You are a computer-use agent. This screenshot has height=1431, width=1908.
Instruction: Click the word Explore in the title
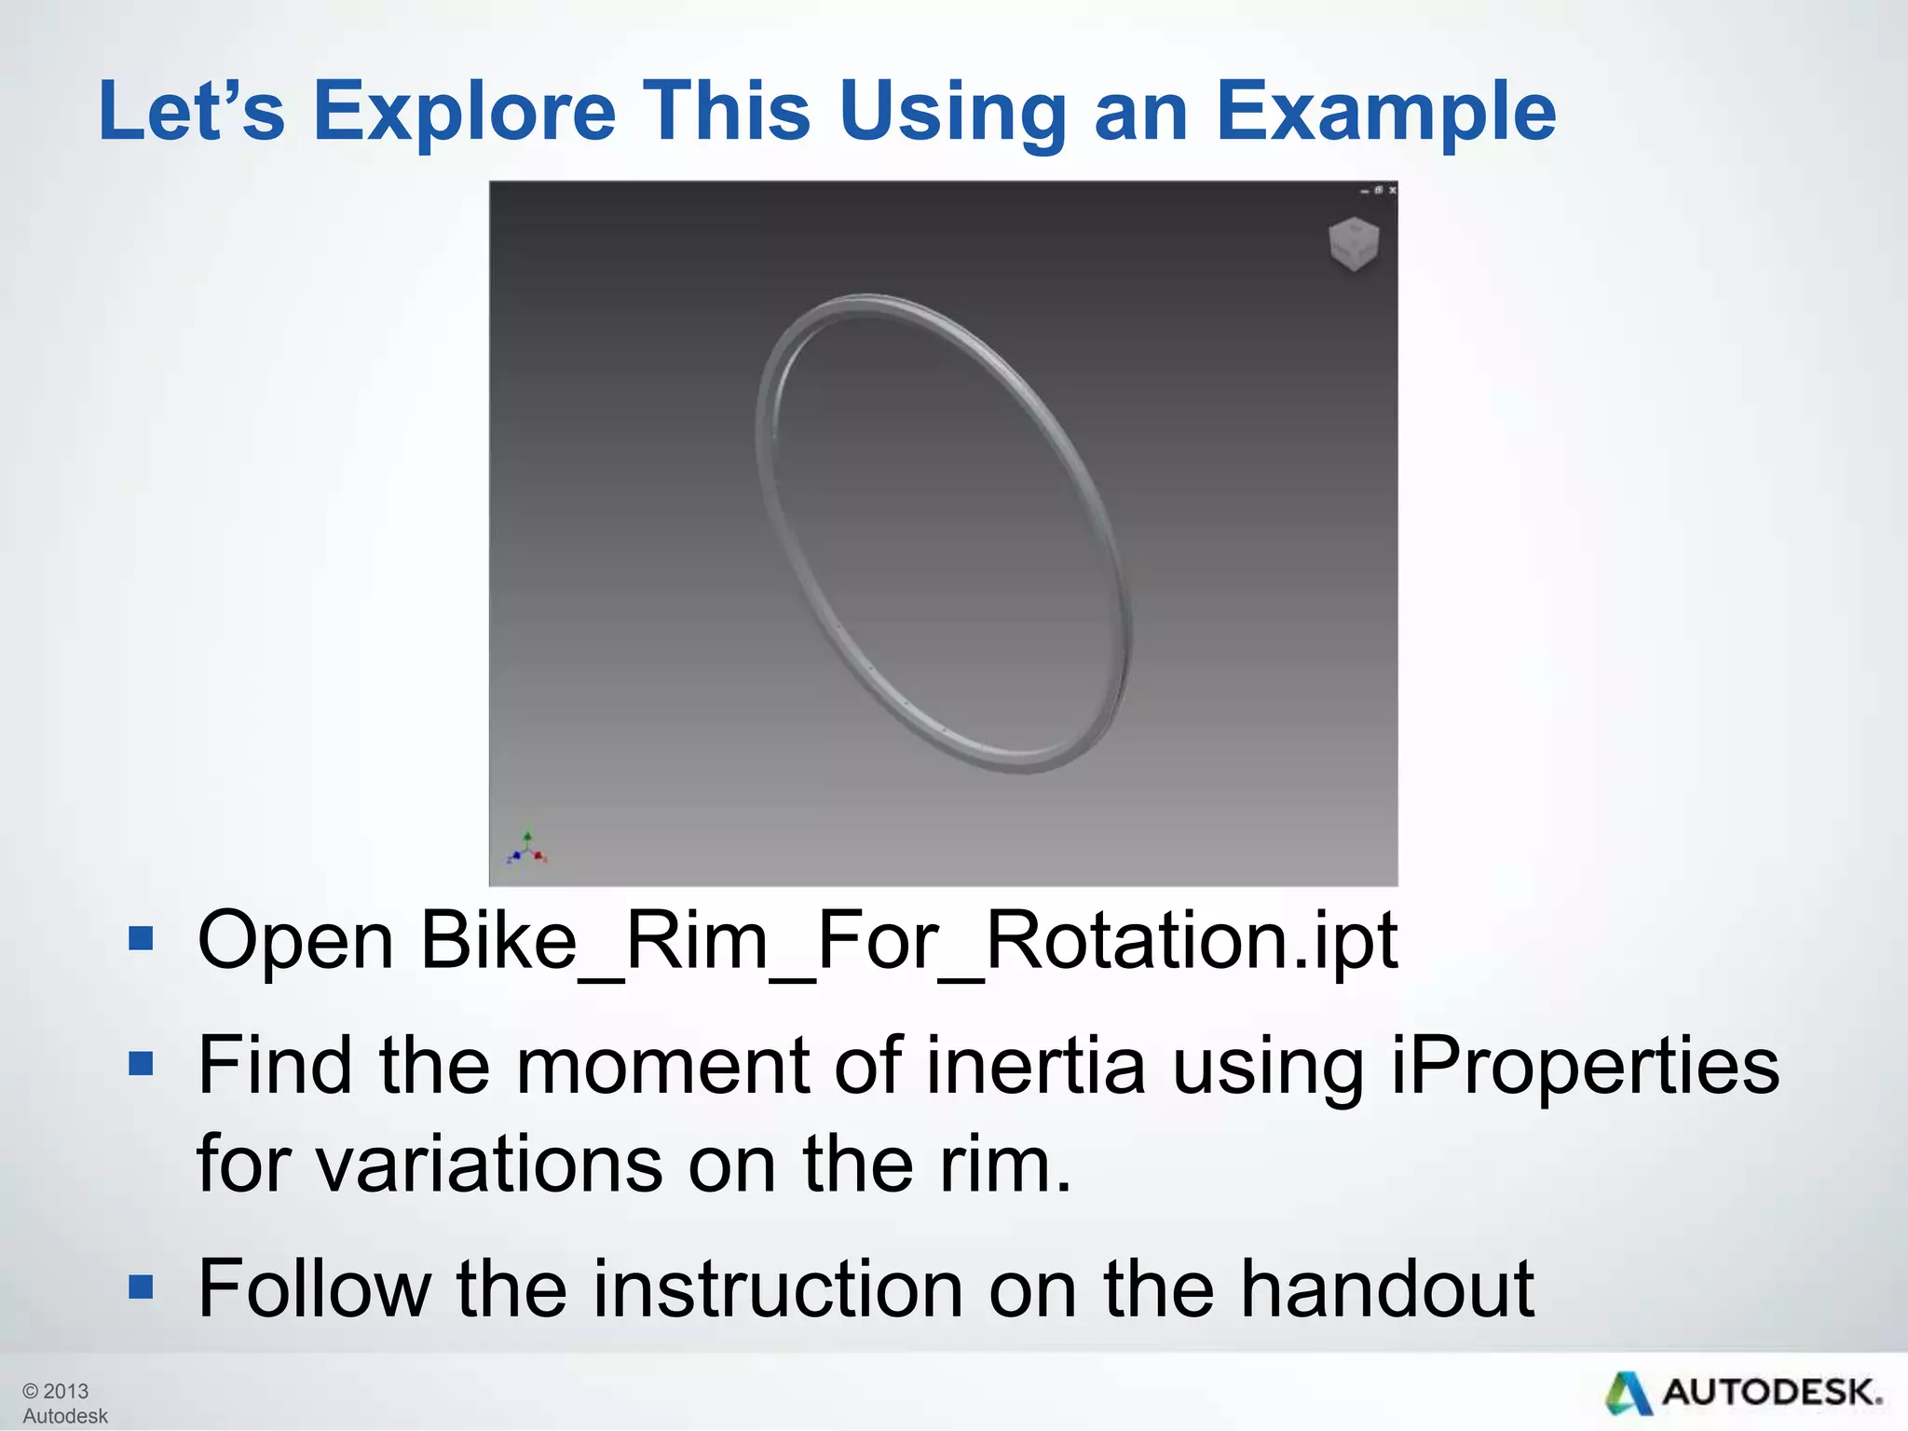pos(464,112)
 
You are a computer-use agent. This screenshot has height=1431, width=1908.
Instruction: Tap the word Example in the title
pos(1385,112)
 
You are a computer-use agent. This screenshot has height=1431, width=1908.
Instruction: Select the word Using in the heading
pos(951,112)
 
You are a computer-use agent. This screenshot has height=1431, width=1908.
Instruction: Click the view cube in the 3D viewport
pos(1352,244)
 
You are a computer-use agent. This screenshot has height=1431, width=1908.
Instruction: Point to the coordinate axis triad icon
pos(527,849)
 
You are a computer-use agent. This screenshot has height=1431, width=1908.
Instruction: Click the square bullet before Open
pos(141,938)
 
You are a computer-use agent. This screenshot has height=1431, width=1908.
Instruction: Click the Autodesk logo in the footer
pos(1743,1393)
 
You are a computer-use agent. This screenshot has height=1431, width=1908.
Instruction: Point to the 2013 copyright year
pos(65,1391)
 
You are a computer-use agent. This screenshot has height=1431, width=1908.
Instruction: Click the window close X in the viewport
pos(1392,190)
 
